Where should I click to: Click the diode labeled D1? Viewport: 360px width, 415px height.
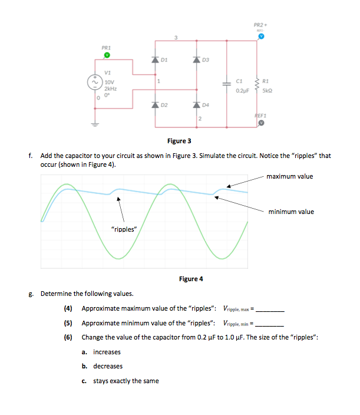point(156,60)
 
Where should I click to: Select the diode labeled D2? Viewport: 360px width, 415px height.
point(156,104)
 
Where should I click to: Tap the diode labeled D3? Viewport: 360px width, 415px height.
point(196,60)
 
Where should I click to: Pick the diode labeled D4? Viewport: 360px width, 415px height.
point(196,104)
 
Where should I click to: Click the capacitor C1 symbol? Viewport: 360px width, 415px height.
point(225,83)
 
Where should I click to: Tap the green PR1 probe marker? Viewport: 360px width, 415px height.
point(107,55)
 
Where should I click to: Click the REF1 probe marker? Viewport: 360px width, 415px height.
point(259,124)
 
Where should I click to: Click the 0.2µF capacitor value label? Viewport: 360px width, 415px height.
point(243,91)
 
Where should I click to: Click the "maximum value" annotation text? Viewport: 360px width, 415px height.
point(289,176)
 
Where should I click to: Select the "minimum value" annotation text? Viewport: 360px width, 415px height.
point(291,212)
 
